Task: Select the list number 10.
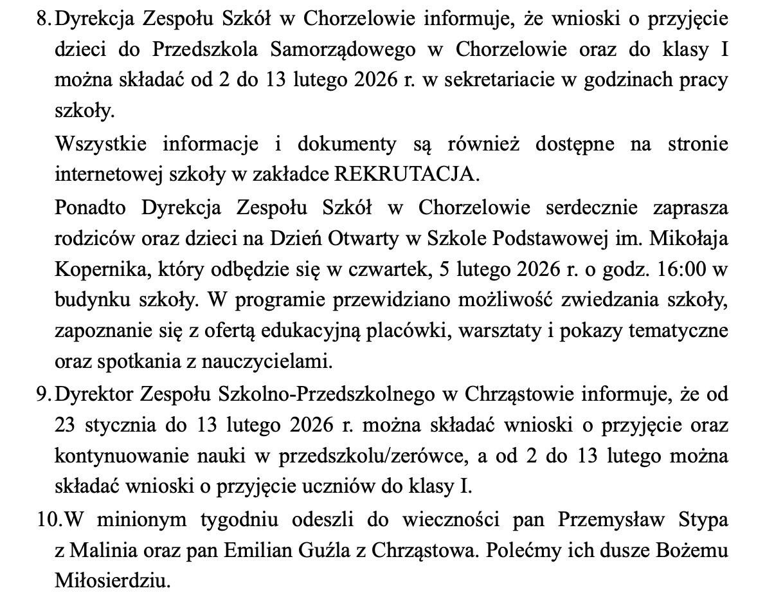click(44, 519)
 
